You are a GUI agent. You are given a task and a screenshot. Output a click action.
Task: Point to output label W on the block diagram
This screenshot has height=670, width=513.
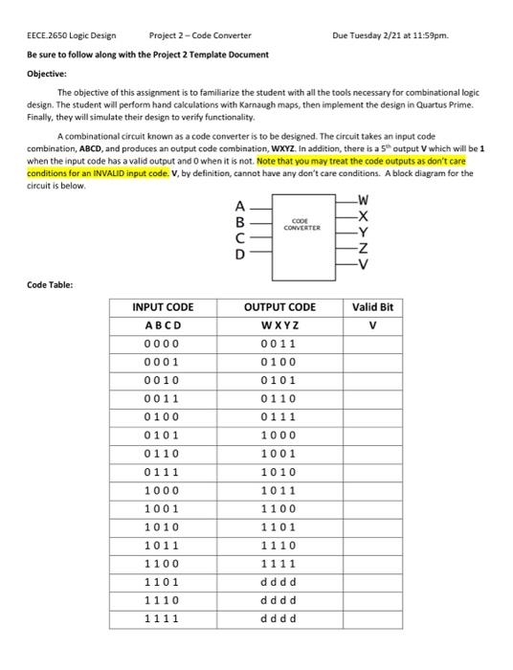click(x=360, y=200)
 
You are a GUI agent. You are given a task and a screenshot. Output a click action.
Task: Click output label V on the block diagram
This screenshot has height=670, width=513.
click(x=361, y=265)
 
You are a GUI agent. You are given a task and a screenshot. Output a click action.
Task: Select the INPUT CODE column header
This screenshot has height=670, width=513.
click(x=163, y=307)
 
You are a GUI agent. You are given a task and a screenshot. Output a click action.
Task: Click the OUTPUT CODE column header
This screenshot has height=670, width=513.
click(x=279, y=307)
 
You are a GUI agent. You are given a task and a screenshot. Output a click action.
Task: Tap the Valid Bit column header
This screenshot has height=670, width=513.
click(x=372, y=307)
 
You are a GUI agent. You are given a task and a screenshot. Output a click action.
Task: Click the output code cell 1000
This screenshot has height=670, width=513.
click(x=279, y=435)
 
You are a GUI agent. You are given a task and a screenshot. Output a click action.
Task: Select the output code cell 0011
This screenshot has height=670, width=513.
click(x=279, y=344)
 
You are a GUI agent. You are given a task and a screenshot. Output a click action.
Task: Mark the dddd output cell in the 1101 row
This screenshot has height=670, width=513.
click(x=279, y=581)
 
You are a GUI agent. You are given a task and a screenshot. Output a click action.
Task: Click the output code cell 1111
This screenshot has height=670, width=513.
click(x=279, y=563)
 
